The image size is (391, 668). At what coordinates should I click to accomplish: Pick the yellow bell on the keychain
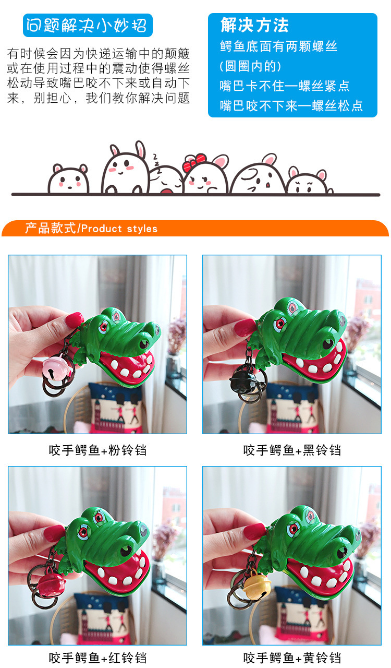258,585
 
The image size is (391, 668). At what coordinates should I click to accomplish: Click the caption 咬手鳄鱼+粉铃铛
98,450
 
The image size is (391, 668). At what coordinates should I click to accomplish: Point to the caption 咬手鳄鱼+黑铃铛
292,450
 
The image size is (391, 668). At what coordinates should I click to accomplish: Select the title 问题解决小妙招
87,26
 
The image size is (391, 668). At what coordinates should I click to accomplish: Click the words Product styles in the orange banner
119,229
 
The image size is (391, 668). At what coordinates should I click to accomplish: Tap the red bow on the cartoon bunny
194,162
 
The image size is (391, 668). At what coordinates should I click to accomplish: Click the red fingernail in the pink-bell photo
75,320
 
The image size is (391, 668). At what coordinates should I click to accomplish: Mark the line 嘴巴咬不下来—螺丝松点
291,106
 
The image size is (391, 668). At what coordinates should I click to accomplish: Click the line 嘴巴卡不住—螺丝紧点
285,86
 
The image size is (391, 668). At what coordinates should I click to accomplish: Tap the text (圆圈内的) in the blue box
250,66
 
